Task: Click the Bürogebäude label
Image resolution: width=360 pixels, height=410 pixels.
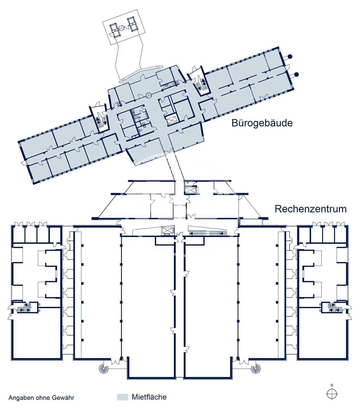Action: click(x=262, y=123)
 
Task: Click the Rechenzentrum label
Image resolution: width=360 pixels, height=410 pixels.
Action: click(x=311, y=209)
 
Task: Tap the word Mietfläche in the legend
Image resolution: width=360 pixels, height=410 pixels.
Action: click(x=149, y=397)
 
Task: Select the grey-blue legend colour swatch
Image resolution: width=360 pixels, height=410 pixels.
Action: click(x=123, y=397)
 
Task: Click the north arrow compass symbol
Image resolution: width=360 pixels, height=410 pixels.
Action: click(x=332, y=394)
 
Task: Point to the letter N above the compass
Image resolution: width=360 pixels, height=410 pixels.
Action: click(x=332, y=385)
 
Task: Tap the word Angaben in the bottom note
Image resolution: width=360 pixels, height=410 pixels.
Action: click(x=18, y=398)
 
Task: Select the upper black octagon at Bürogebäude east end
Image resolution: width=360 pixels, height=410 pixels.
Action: click(x=290, y=57)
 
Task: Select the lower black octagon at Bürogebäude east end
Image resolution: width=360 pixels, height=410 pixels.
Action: click(x=296, y=74)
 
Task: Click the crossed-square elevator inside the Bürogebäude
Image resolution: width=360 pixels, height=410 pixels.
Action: click(x=171, y=120)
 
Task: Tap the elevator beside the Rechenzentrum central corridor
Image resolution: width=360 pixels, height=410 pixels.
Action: click(x=168, y=230)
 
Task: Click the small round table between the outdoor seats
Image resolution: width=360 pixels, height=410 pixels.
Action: click(x=122, y=28)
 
